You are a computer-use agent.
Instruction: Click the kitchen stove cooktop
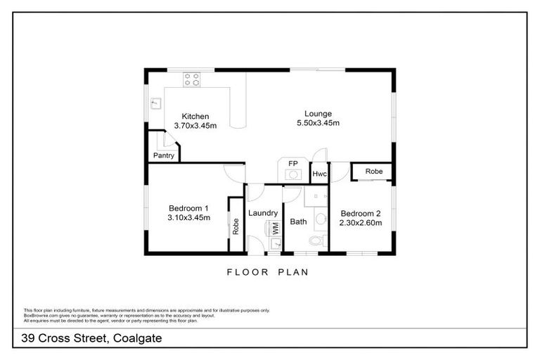point(192,79)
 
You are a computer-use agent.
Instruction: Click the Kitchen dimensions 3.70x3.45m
point(195,126)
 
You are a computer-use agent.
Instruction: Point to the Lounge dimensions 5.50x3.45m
point(318,123)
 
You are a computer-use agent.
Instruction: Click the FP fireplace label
point(292,163)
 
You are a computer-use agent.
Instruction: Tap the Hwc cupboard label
point(319,174)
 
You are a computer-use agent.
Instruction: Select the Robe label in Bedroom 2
point(373,171)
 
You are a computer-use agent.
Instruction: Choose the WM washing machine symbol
point(274,228)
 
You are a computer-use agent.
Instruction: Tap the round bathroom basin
point(320,220)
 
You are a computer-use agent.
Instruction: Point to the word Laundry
point(263,213)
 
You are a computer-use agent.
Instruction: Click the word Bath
point(299,222)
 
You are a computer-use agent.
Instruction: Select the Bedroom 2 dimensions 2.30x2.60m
point(361,223)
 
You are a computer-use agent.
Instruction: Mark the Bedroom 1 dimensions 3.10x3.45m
point(188,218)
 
